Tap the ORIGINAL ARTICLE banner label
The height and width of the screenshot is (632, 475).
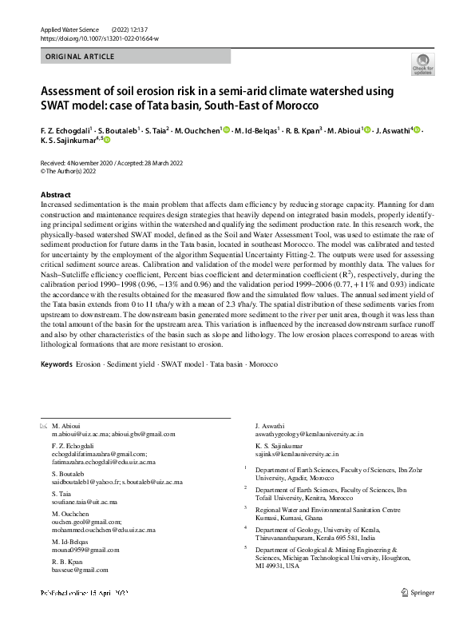click(x=80, y=57)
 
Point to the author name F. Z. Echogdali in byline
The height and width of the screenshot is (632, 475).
click(x=66, y=129)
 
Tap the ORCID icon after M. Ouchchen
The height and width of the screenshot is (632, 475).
click(x=227, y=129)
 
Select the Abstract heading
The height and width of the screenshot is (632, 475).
click(x=56, y=195)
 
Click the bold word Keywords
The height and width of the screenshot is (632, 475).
click(x=56, y=364)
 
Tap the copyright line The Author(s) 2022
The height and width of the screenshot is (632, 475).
click(x=72, y=170)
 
